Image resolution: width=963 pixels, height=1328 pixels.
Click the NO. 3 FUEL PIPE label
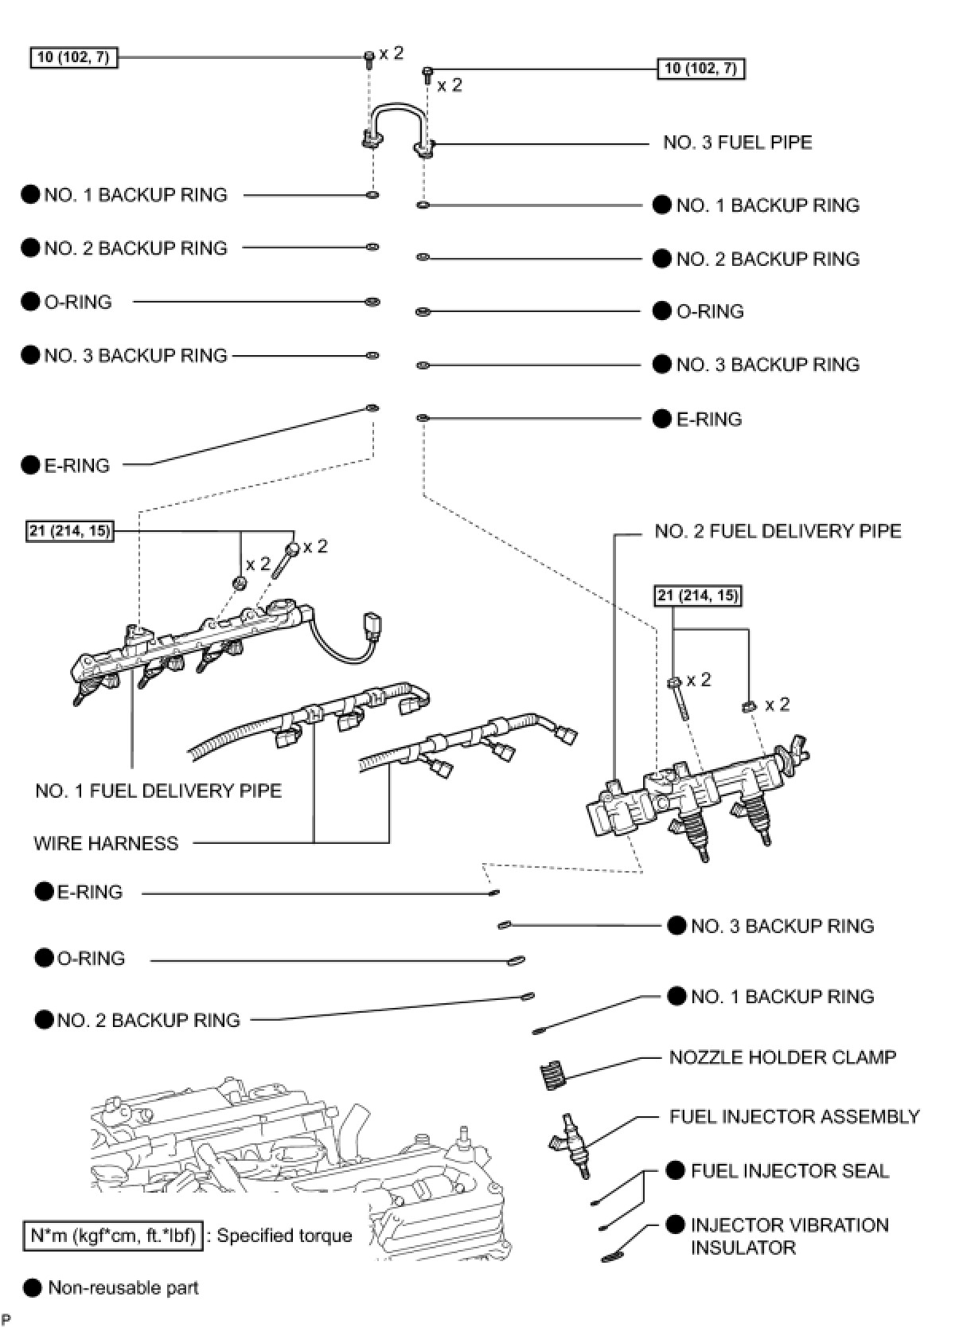click(x=737, y=143)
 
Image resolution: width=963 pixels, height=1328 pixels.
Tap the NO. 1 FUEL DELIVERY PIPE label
click(x=158, y=791)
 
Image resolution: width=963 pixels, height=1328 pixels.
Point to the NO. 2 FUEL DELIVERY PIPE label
click(x=778, y=531)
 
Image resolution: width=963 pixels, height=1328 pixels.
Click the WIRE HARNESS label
click(x=106, y=843)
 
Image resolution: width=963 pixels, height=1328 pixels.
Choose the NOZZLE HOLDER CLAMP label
click(x=782, y=1057)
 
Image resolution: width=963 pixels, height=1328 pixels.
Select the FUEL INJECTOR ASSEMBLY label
click(x=794, y=1117)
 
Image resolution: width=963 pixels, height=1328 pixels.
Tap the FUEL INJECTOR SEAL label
click(x=790, y=1171)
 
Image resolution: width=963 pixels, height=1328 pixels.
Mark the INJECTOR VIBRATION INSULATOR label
click(x=789, y=1236)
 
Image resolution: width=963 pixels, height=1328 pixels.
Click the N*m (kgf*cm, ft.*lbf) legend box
click(x=112, y=1236)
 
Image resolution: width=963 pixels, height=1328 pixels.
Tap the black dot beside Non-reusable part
click(x=32, y=1287)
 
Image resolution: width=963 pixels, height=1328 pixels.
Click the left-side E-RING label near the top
click(x=76, y=465)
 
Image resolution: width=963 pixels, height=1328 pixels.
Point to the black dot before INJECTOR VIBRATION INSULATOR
click(x=676, y=1224)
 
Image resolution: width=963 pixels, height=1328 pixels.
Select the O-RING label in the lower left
click(x=91, y=959)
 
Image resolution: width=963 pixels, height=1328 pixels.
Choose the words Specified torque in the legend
click(x=284, y=1236)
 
